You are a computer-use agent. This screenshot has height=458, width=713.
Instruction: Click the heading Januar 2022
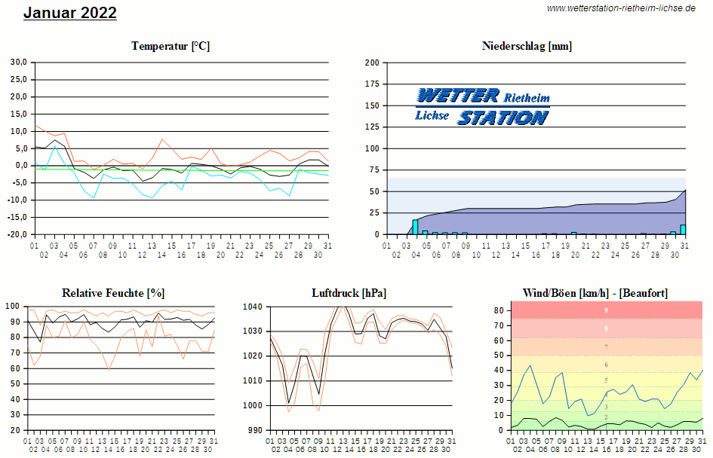tap(70, 13)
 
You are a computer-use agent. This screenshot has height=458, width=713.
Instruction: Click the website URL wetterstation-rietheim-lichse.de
tap(620, 8)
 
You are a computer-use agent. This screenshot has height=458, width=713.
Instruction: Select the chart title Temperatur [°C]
tap(171, 46)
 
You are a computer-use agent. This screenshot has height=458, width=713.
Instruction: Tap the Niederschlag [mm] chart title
tap(527, 46)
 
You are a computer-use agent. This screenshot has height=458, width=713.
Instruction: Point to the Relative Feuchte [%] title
tap(113, 292)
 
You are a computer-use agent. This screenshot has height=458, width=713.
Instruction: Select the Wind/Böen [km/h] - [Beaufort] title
tap(595, 292)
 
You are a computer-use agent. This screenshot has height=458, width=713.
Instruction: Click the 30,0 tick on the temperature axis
tap(18, 62)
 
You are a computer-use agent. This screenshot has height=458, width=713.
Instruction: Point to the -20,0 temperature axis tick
tap(17, 234)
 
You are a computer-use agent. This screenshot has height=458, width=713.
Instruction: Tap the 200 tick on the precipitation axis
tap(372, 63)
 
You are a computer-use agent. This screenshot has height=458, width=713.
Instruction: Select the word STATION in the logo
tap(502, 118)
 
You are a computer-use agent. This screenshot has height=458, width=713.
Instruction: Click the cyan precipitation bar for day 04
tap(415, 227)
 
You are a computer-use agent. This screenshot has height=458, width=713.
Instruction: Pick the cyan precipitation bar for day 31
tap(683, 230)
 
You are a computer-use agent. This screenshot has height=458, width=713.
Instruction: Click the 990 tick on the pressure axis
tap(254, 430)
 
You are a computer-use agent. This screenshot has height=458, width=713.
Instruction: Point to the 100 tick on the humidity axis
tap(14, 307)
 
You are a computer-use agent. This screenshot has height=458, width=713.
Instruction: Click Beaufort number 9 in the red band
tap(606, 310)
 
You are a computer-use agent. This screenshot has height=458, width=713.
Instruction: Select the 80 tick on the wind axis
tap(499, 310)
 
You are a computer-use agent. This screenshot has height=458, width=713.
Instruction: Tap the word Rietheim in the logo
tap(527, 99)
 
